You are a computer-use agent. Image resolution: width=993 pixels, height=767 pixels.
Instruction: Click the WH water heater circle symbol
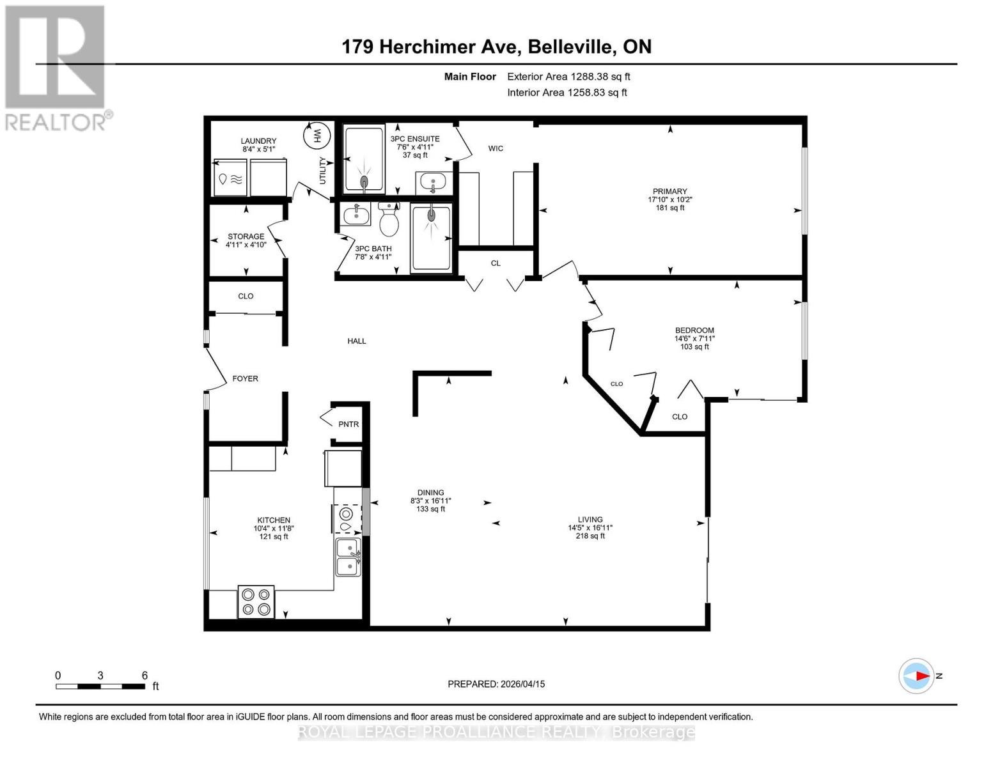[x=317, y=135]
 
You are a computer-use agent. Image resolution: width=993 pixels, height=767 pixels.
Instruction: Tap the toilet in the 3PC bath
[x=389, y=221]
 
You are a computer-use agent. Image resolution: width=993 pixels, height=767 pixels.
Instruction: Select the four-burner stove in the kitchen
[x=256, y=602]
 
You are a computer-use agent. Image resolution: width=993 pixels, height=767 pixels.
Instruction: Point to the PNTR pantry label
[x=348, y=424]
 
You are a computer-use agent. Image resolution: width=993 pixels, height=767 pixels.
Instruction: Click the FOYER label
[x=245, y=379]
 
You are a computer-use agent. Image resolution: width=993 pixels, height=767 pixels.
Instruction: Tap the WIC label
[x=496, y=148]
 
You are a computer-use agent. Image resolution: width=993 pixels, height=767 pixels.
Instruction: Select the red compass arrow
[x=920, y=676]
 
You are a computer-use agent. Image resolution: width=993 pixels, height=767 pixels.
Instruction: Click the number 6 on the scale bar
[x=145, y=676]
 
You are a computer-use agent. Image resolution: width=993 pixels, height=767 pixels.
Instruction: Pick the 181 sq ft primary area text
[x=669, y=208]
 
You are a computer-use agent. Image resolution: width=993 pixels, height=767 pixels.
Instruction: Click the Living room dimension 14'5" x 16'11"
[x=590, y=528]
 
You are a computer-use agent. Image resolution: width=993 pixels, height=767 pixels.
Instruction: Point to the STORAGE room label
[x=246, y=236]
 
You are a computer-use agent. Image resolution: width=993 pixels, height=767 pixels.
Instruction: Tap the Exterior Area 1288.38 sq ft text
[x=568, y=77]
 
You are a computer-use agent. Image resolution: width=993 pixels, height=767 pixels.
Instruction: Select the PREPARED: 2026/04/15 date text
[x=496, y=684]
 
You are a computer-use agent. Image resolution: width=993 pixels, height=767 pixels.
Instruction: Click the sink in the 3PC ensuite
[x=434, y=183]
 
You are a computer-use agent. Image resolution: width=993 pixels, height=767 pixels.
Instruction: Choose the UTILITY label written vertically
[x=322, y=171]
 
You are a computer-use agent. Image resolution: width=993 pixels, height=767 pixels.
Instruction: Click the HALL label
[x=357, y=341]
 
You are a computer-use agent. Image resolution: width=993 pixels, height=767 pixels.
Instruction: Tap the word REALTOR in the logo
[x=55, y=122]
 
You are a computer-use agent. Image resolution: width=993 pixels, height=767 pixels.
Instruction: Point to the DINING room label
[x=431, y=493]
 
